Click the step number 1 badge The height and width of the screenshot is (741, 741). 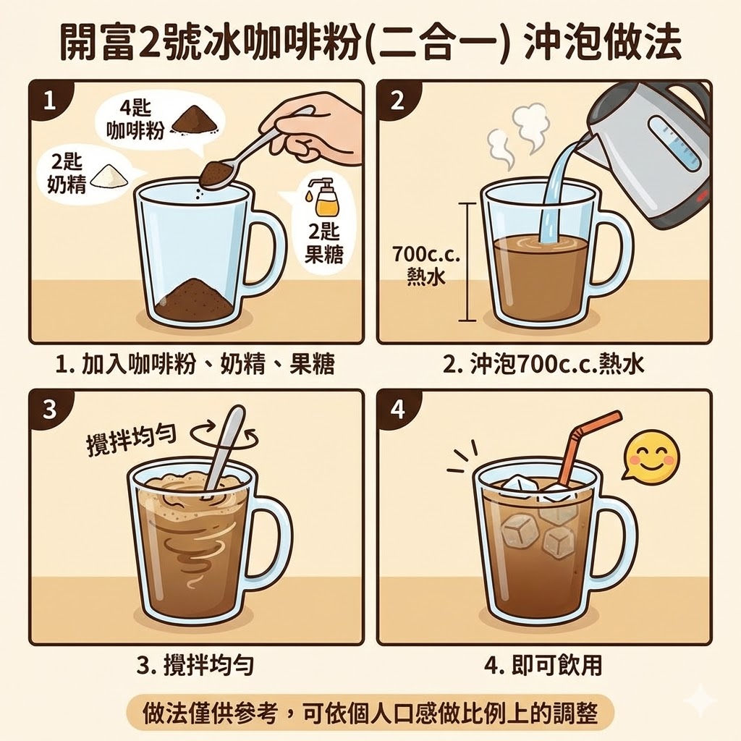(48, 100)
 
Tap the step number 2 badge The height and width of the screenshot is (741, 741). (397, 100)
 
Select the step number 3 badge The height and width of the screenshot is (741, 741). (48, 410)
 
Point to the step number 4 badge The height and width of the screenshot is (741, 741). (397, 410)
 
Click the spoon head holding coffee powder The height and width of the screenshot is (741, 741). (216, 172)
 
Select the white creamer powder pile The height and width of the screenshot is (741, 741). (110, 174)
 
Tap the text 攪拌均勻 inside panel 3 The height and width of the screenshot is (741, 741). (134, 439)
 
